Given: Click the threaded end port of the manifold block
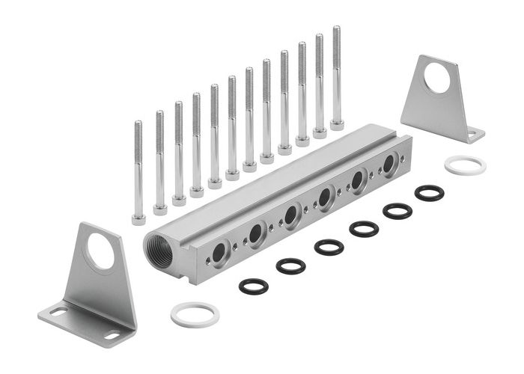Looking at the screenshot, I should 159,252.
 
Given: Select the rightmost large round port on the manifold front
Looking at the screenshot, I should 390,165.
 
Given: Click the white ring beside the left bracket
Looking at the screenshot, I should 195,314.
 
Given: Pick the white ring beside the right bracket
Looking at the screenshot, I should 465,165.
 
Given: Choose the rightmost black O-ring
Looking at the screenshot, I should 429,192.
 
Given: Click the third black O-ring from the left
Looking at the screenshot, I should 329,246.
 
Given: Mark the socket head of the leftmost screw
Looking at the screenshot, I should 139,219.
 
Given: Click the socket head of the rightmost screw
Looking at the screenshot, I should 337,125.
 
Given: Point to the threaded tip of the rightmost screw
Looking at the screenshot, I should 336,31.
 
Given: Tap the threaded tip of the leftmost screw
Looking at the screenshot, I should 138,126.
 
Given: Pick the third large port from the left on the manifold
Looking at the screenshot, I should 290,216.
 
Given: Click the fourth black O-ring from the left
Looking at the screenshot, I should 364,228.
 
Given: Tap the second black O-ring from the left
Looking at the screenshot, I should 290,266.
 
